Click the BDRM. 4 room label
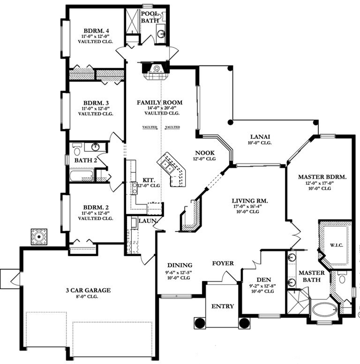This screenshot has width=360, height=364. point(97,32)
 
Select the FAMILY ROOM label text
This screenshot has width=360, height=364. point(160,102)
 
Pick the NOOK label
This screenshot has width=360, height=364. point(205,153)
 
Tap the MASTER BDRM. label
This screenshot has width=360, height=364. point(322,177)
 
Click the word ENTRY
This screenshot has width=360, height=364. point(222,306)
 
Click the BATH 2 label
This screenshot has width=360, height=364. point(85,160)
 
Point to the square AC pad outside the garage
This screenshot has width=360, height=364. point(39,237)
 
